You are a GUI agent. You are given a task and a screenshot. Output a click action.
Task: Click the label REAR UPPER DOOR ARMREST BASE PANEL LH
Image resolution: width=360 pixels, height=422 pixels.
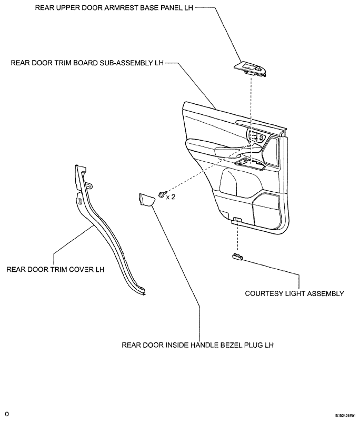(x=114, y=7)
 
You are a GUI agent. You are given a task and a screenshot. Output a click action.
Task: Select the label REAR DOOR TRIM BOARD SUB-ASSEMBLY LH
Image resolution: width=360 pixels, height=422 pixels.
(x=87, y=63)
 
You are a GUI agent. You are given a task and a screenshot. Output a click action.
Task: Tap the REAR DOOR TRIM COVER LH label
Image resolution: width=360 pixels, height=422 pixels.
(x=55, y=269)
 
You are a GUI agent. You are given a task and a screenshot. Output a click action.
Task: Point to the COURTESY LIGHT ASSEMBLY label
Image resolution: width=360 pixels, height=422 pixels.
(x=294, y=293)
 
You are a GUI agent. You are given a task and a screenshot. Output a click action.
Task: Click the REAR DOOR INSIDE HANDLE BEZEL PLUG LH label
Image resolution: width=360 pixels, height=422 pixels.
(x=197, y=345)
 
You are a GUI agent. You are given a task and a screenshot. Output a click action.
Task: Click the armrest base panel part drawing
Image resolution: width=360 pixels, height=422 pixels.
(x=251, y=69)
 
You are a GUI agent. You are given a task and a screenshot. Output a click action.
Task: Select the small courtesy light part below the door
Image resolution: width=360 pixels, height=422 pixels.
(x=237, y=257)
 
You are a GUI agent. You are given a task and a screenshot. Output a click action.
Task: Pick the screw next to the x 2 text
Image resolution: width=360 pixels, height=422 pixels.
(x=163, y=193)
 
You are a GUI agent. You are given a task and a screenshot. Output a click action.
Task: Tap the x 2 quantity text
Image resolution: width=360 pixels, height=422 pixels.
(x=171, y=197)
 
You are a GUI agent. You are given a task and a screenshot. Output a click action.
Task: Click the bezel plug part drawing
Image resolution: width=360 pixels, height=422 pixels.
(x=146, y=200)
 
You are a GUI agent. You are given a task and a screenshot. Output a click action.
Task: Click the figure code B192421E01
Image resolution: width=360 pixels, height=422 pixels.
(x=347, y=416)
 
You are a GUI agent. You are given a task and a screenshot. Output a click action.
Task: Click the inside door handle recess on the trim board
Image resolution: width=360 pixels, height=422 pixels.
(x=257, y=136)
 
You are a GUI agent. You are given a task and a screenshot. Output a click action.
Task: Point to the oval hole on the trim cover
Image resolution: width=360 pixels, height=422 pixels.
(x=80, y=201)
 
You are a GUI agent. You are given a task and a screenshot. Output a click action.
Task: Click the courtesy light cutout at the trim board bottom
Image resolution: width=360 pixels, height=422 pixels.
(x=237, y=219)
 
